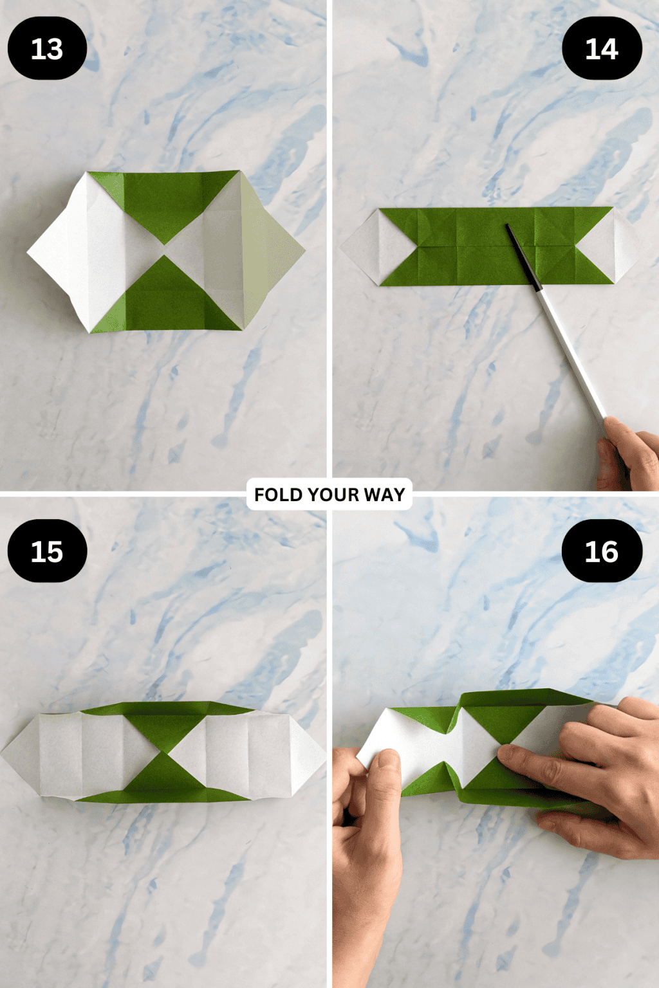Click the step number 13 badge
click(x=47, y=49)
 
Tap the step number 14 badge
click(x=602, y=49)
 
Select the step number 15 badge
click(x=47, y=551)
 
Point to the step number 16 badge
click(x=602, y=551)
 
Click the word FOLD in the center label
click(x=279, y=495)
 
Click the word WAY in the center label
click(x=384, y=495)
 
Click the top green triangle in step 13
click(x=165, y=203)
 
